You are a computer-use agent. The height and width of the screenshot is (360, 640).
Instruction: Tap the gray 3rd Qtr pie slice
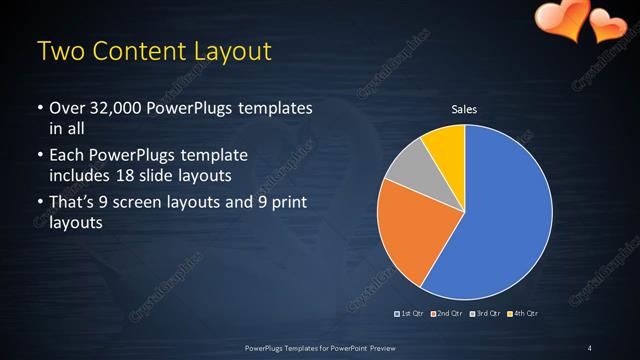pyautogui.click(x=408, y=170)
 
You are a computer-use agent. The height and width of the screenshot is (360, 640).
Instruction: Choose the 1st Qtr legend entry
pyautogui.click(x=410, y=314)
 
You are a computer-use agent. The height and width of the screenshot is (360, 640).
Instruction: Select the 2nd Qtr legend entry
pyautogui.click(x=447, y=314)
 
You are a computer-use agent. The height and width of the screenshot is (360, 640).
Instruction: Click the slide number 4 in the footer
pyautogui.click(x=590, y=347)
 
